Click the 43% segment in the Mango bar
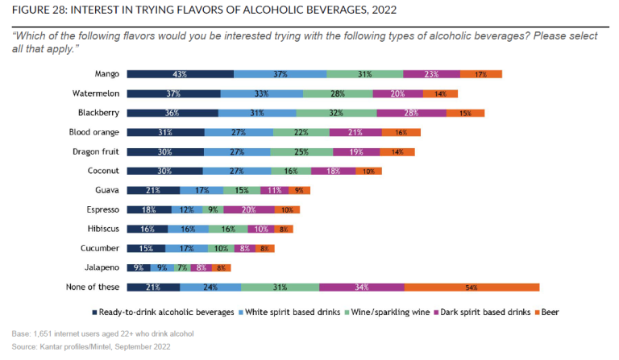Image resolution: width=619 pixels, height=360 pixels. [x=180, y=74]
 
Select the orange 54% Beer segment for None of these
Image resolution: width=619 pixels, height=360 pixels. [x=472, y=287]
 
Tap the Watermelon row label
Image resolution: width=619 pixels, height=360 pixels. [x=97, y=93]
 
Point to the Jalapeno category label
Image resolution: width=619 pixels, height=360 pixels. [x=102, y=267]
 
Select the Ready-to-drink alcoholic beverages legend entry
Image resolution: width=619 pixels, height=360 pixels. [x=162, y=312]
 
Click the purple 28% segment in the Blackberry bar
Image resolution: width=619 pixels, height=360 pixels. [x=411, y=113]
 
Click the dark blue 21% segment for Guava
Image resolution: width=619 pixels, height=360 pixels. [x=153, y=190]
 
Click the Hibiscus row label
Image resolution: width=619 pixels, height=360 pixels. [x=102, y=229]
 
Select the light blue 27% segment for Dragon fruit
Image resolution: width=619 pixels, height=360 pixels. [x=237, y=151]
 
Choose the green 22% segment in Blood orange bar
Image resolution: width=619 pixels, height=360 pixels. [x=301, y=132]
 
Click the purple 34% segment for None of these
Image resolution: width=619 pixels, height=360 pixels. [x=361, y=287]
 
